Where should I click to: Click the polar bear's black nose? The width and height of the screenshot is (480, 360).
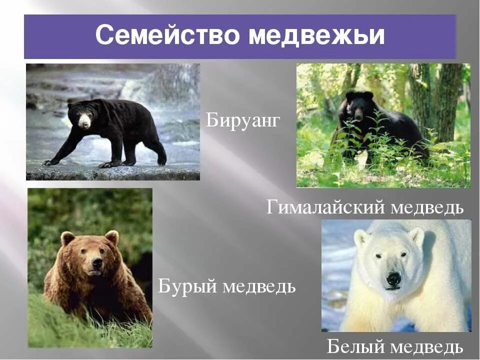(x=394, y=278)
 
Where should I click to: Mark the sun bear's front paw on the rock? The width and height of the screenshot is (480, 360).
(x=50, y=162)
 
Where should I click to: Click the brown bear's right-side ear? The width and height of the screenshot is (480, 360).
(x=112, y=236)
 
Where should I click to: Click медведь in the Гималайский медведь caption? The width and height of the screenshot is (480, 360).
(x=427, y=207)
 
